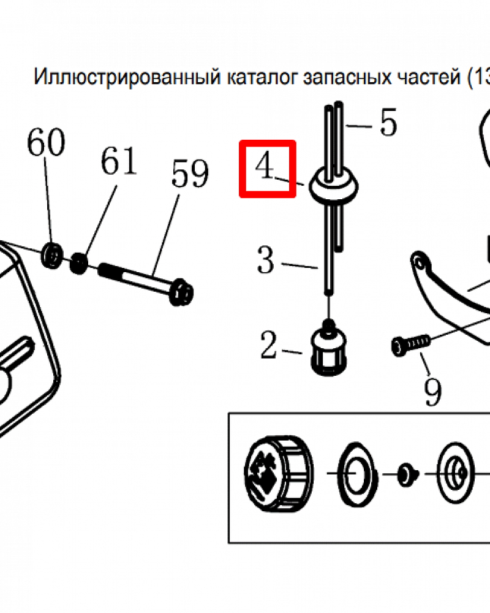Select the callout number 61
pos(119,162)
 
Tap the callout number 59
pos(190,174)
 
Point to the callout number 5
pos(388,123)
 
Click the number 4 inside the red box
pos(265,166)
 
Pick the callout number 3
pos(265,261)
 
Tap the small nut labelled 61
pos(78,264)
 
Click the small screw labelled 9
pos(409,344)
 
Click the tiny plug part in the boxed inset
pos(405,474)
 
